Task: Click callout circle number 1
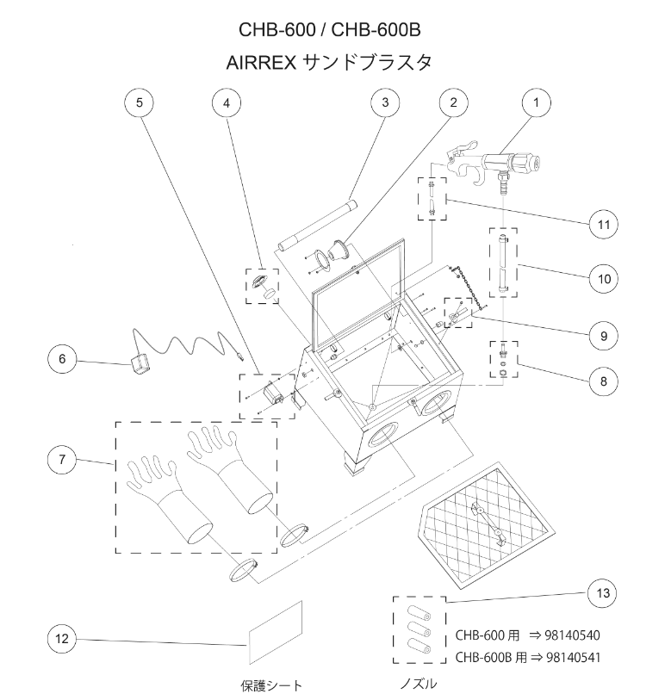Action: click(537, 102)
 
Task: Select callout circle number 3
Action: click(385, 102)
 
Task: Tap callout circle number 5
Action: click(140, 102)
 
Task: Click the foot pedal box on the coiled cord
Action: click(140, 365)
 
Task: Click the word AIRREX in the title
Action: click(261, 63)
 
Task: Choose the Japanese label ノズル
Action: click(418, 685)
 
